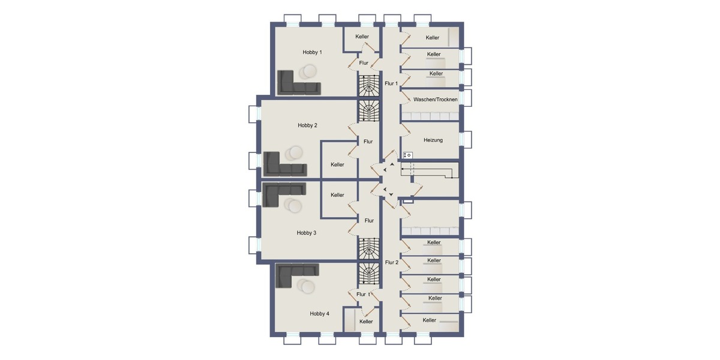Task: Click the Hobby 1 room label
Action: (x=312, y=52)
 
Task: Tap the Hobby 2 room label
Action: (x=307, y=125)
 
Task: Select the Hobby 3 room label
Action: (x=306, y=233)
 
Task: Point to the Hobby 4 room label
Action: (x=319, y=314)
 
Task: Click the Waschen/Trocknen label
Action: (x=436, y=99)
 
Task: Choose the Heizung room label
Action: (x=433, y=140)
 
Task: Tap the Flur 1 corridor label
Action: (x=391, y=83)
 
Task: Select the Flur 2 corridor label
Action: (x=391, y=262)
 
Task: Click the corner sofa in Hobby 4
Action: (x=294, y=275)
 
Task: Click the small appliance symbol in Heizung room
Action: (x=408, y=155)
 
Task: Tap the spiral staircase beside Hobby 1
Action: (x=369, y=85)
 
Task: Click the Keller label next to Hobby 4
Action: (x=366, y=322)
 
